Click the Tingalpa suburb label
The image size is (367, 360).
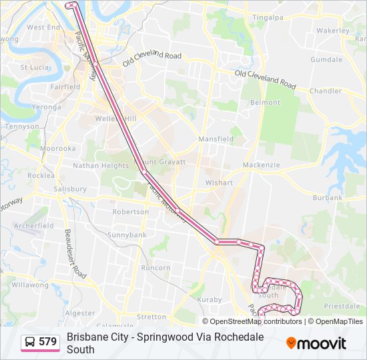[x=268, y=17]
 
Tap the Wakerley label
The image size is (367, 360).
[x=333, y=31]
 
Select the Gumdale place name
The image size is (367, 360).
[x=326, y=59]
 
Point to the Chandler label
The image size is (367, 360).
[x=326, y=91]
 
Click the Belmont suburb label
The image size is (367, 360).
[x=265, y=103]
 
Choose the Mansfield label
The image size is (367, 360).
[x=216, y=139]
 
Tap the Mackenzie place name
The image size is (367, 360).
[x=260, y=164]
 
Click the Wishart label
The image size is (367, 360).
[x=219, y=182]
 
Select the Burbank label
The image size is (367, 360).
[x=327, y=197]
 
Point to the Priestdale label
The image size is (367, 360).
[x=342, y=305]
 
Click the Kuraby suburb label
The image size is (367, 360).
[x=210, y=299]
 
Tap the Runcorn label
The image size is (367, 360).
[x=156, y=267]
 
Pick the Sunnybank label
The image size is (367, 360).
[x=127, y=235]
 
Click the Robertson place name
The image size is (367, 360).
[x=131, y=212]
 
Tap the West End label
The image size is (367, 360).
[x=44, y=27]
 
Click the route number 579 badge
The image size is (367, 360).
[x=47, y=341]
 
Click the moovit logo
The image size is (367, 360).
[x=316, y=343]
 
